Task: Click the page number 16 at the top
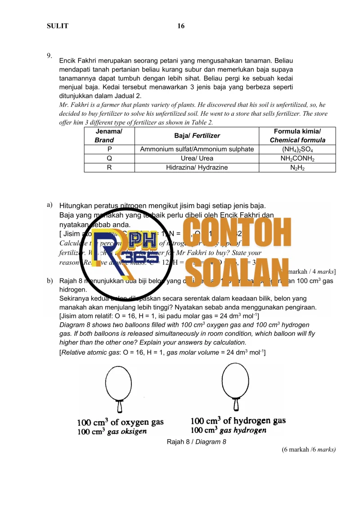(x=181, y=26)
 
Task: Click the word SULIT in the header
(x=58, y=26)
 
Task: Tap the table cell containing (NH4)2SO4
(x=297, y=149)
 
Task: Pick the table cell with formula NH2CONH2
(x=297, y=158)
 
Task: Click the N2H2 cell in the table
(x=297, y=167)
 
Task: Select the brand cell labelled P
(x=109, y=149)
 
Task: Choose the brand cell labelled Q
(x=109, y=158)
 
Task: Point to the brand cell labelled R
(x=109, y=167)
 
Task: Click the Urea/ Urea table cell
(x=197, y=158)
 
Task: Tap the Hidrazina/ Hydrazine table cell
(x=197, y=167)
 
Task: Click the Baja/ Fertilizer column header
(x=197, y=135)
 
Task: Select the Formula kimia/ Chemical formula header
(x=297, y=135)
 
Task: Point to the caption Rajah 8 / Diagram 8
(x=196, y=442)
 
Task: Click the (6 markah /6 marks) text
(x=309, y=449)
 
